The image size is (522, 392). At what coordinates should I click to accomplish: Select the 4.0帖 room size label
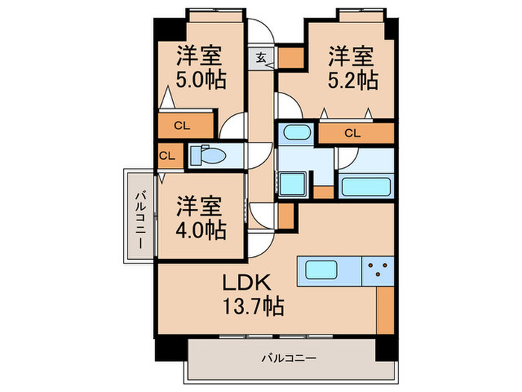201,229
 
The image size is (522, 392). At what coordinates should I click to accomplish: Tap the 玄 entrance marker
261,57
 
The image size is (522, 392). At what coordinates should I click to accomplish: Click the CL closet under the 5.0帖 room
181,125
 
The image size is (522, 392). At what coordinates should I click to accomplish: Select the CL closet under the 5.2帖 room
353,134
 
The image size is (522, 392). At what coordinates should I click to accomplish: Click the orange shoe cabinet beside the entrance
289,57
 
